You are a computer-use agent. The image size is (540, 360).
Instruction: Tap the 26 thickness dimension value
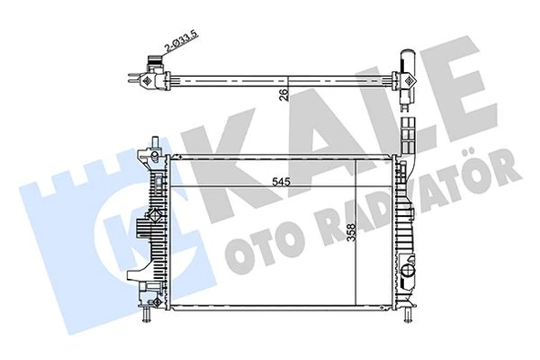coord(284,93)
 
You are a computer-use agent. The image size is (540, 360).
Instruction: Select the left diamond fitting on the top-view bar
coord(148,77)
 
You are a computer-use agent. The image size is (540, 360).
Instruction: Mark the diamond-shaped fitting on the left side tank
coord(146,156)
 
